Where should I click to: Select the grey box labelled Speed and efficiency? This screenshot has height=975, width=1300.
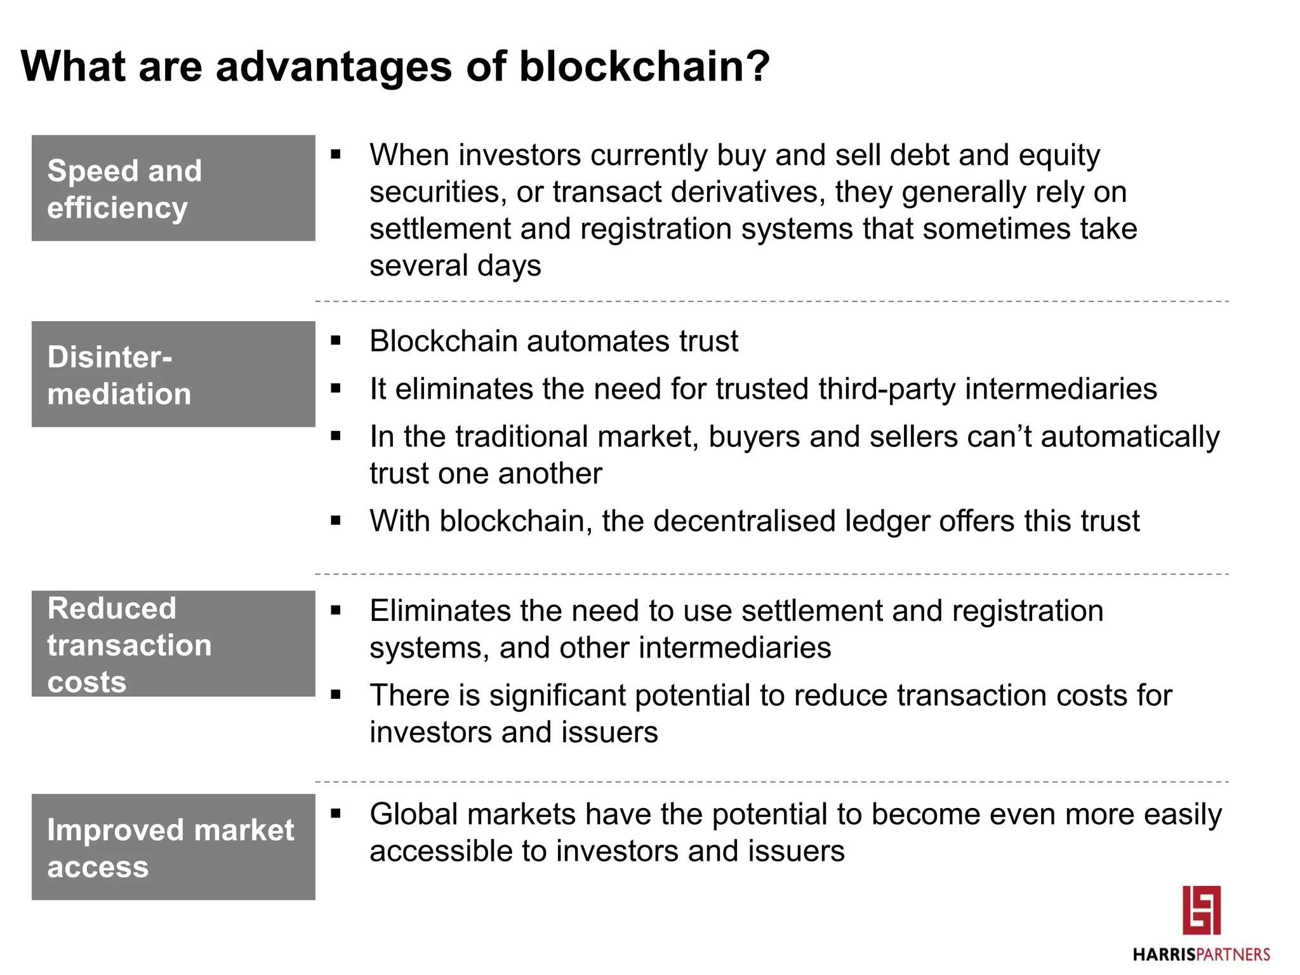coord(173,188)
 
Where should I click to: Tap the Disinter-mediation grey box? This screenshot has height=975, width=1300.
coord(173,374)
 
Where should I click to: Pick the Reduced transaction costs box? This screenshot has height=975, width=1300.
coord(173,644)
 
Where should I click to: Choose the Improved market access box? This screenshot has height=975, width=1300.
coord(173,847)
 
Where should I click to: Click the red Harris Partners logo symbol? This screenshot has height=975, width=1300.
coord(1201,910)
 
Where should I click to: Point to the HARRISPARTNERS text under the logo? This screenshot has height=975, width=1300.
coord(1201,955)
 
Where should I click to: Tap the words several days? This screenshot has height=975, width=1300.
coord(455,265)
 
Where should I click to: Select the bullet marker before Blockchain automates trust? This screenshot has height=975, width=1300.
coord(336,341)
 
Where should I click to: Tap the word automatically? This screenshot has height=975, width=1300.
coord(1130,437)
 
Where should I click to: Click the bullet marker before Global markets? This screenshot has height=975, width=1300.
coord(336,813)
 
